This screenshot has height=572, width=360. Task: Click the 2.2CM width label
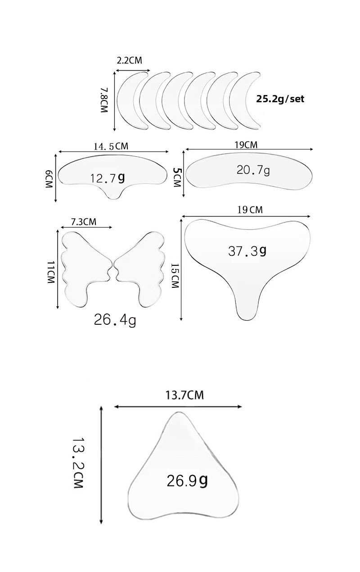pyautogui.click(x=129, y=60)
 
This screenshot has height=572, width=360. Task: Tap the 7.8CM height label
pyautogui.click(x=104, y=100)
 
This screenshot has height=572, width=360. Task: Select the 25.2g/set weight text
pyautogui.click(x=280, y=99)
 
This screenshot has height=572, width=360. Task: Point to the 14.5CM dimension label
pyautogui.click(x=111, y=146)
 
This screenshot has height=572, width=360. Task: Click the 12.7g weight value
pyautogui.click(x=108, y=178)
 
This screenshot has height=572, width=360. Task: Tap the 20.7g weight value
pyautogui.click(x=253, y=170)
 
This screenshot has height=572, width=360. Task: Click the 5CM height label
pyautogui.click(x=176, y=177)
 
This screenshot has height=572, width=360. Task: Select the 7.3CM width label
pyautogui.click(x=84, y=222)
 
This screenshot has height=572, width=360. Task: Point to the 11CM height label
pyautogui.click(x=51, y=272)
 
